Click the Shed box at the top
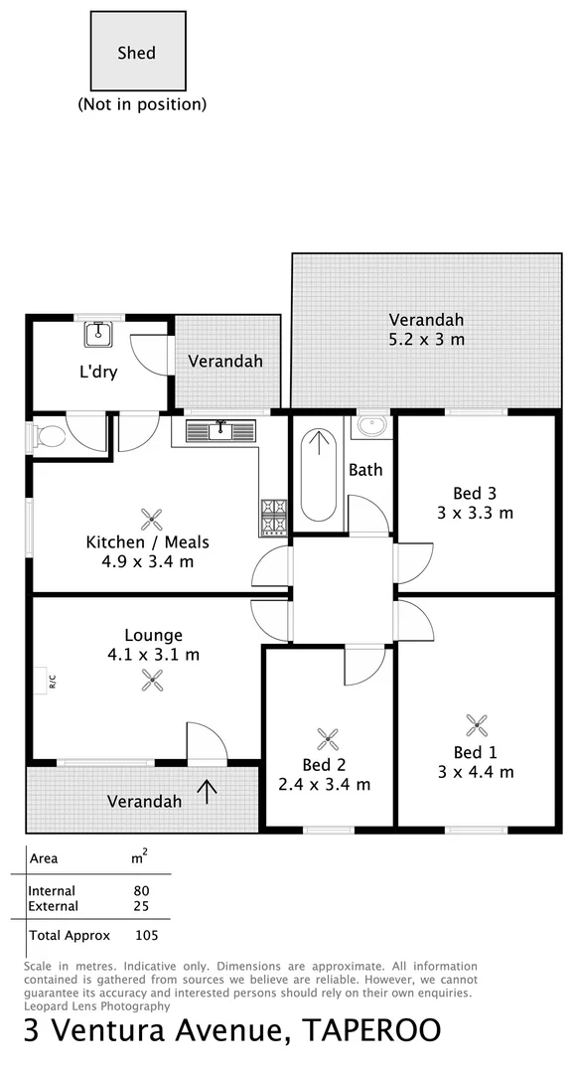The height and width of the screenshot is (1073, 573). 137,53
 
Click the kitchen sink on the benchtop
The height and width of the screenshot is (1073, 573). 219,429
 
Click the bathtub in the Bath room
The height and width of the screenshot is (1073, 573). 318,475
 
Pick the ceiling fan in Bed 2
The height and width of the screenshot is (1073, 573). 328,738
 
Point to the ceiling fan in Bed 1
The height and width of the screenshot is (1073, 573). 477,724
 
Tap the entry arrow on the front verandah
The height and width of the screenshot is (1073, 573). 208,791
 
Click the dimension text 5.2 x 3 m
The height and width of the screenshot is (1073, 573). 426,340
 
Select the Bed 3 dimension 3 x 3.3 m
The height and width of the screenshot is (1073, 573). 476,513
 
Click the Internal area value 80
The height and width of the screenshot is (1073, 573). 141,891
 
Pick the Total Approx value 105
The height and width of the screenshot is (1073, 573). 146,935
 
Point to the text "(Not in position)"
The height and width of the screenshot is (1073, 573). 142,103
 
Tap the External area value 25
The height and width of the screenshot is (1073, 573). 141,906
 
